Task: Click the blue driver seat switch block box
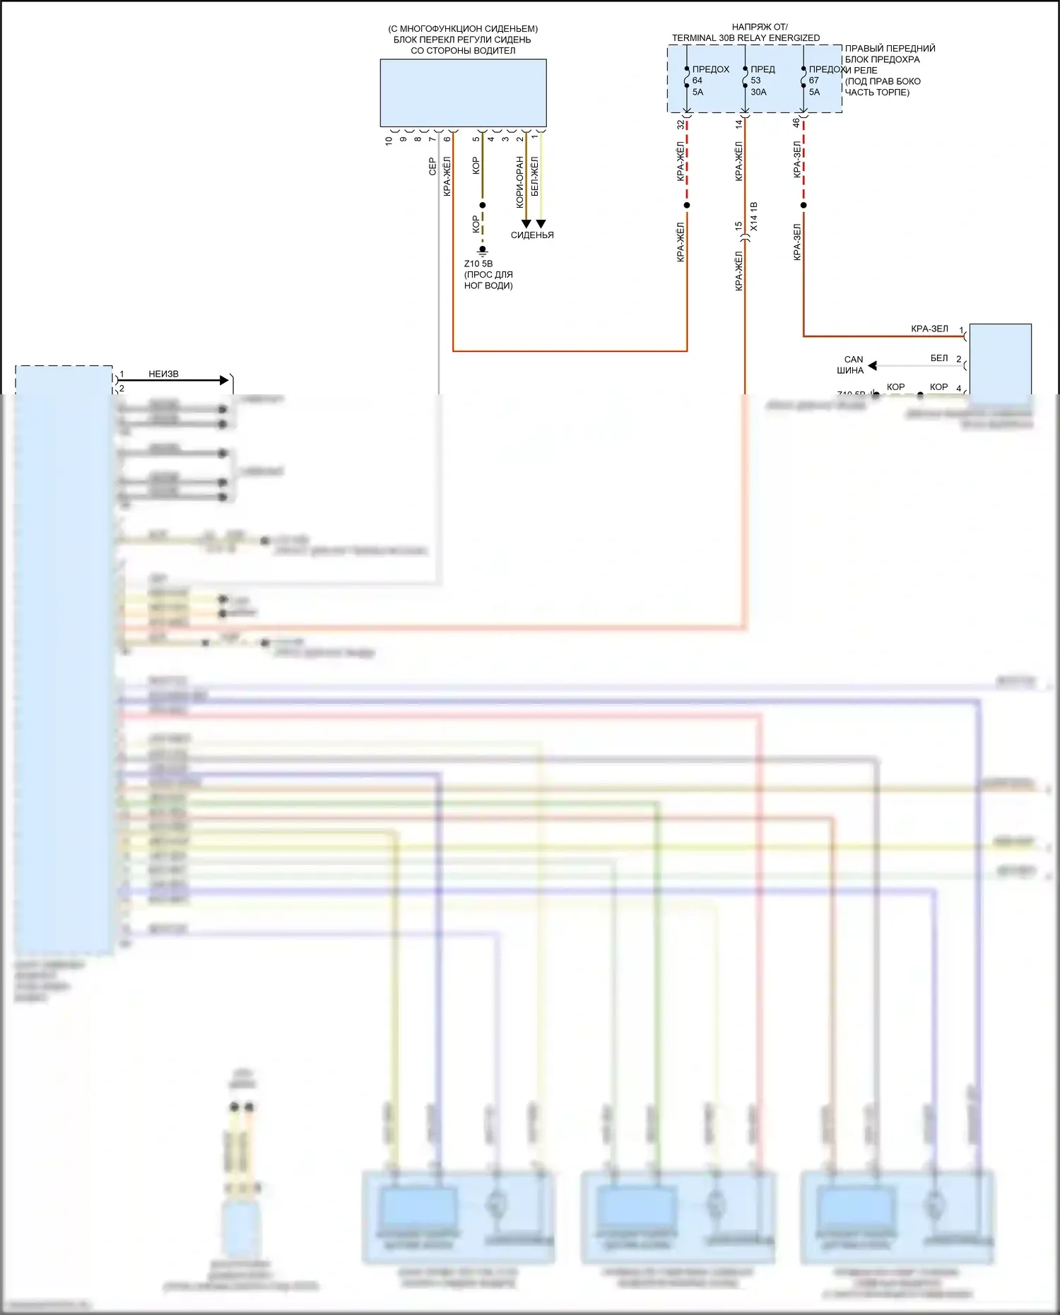[x=463, y=93]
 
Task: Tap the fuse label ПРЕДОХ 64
[x=710, y=70]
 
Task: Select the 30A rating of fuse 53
[x=758, y=92]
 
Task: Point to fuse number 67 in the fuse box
[x=814, y=81]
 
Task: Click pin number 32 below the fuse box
[x=681, y=124]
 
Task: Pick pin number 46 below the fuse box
[x=796, y=123]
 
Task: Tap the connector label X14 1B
[x=754, y=216]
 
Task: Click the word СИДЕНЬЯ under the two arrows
[x=532, y=235]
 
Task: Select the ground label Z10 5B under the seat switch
[x=478, y=264]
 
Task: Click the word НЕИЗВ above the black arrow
[x=163, y=374]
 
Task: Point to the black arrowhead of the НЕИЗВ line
[x=225, y=380]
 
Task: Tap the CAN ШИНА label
[x=852, y=365]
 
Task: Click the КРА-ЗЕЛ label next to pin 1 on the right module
[x=929, y=329]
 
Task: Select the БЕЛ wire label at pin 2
[x=938, y=358]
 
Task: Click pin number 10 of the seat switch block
[x=389, y=140]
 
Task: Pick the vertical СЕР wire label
[x=432, y=167]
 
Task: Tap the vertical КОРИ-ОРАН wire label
[x=520, y=182]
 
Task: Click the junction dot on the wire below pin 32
[x=687, y=206]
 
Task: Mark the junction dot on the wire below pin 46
[x=803, y=206]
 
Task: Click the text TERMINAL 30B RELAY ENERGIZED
[x=746, y=38]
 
